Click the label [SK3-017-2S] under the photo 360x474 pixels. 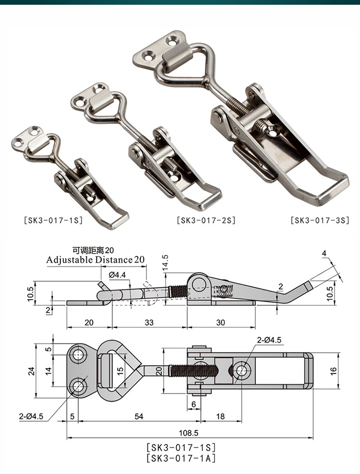pos(206,221)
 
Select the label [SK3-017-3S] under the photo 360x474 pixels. pos(320,221)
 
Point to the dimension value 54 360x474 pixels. pos(139,416)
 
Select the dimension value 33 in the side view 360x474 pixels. pos(149,323)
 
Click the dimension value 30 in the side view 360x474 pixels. pos(220,323)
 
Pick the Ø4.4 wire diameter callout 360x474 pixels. pos(118,275)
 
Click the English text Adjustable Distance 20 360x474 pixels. pos(96,260)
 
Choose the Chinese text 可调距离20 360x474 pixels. pos(94,250)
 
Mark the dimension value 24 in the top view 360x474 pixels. pos(31,370)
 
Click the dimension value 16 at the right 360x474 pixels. pos(334,370)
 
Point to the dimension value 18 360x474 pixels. pos(220,416)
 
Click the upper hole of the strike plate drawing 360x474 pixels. pos(78,355)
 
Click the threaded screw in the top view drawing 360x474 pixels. pos(194,370)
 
